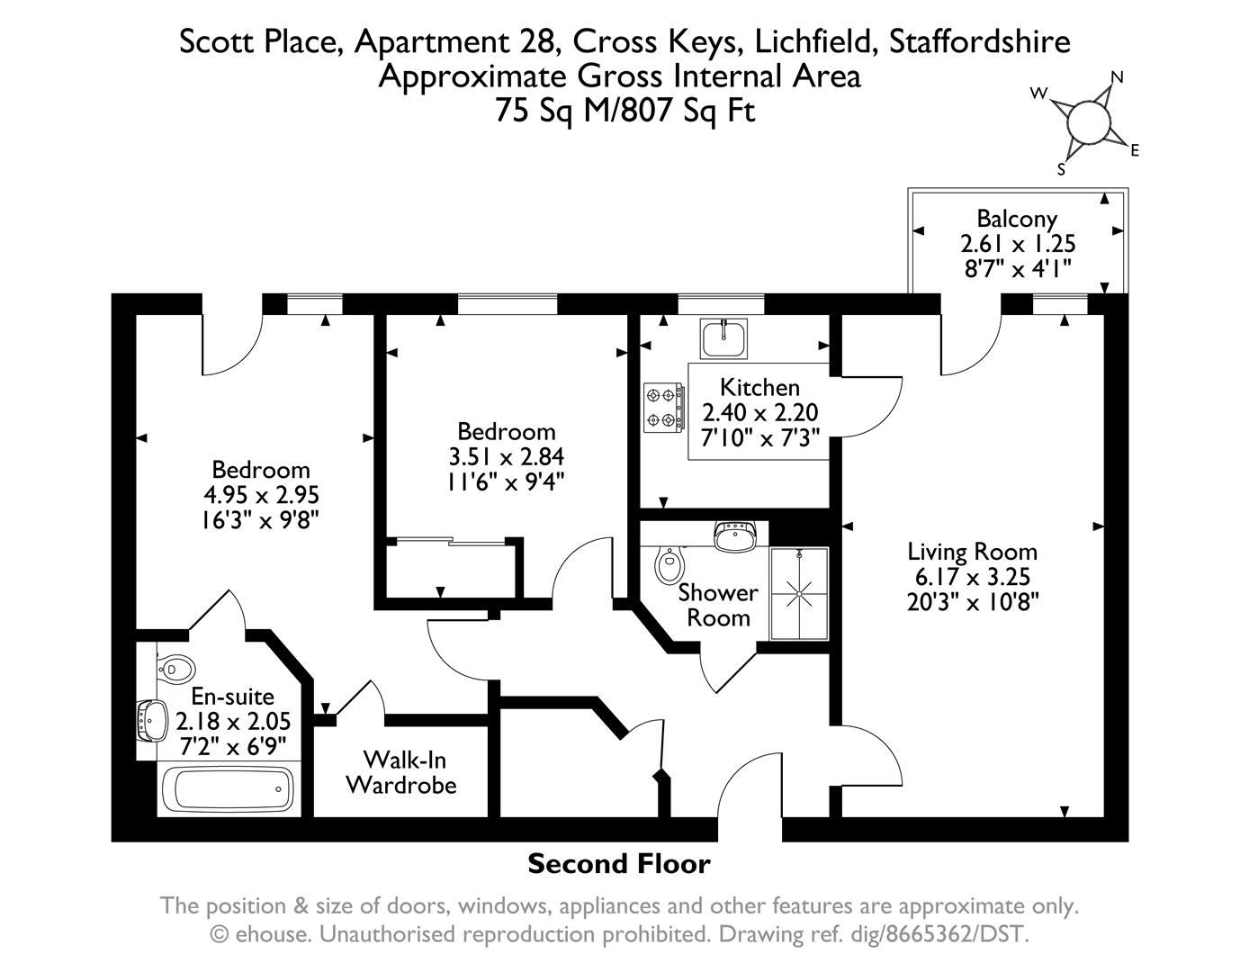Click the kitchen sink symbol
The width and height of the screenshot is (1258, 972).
723,338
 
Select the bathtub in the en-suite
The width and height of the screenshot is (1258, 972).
228,789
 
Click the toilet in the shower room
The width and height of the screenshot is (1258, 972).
670,563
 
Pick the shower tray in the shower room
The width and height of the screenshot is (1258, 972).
799,593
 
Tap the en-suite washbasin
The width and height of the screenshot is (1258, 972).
152,721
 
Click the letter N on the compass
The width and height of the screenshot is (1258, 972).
1118,77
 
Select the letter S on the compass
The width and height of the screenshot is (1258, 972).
1061,169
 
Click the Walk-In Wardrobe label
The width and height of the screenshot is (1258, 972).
401,772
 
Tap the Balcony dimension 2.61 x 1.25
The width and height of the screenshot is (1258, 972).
1018,244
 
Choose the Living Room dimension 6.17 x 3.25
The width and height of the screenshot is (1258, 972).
973,577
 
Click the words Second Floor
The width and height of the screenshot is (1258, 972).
619,864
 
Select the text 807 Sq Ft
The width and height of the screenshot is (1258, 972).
688,111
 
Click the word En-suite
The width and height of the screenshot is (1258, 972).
232,696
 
